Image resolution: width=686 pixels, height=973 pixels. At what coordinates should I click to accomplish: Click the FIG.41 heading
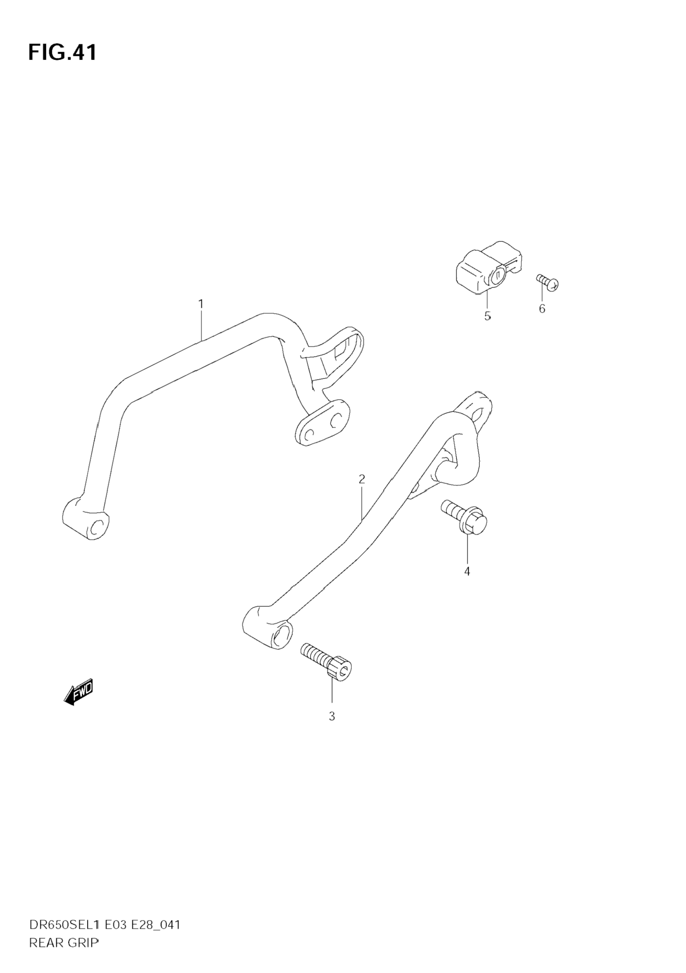(x=62, y=53)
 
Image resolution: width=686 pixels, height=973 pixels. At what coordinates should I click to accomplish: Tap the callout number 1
(x=201, y=304)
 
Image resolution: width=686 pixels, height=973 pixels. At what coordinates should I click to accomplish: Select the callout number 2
(x=362, y=479)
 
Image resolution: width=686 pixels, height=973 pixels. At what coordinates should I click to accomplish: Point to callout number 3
(x=332, y=716)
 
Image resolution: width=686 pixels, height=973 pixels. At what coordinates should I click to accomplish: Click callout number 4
(x=467, y=571)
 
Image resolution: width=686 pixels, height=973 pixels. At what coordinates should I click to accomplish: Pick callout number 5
(x=488, y=316)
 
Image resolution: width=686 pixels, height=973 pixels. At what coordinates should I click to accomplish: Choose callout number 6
(x=542, y=309)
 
